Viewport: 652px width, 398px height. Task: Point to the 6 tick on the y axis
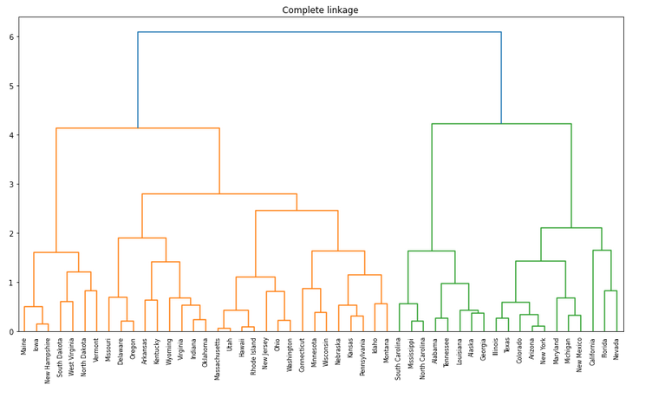point(11,37)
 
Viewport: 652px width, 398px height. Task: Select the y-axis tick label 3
point(11,185)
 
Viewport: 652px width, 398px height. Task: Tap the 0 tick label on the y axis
point(11,332)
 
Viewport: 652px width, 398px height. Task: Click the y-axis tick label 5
point(11,87)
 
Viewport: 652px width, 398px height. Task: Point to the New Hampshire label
point(49,361)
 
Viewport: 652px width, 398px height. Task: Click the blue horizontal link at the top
point(319,32)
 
